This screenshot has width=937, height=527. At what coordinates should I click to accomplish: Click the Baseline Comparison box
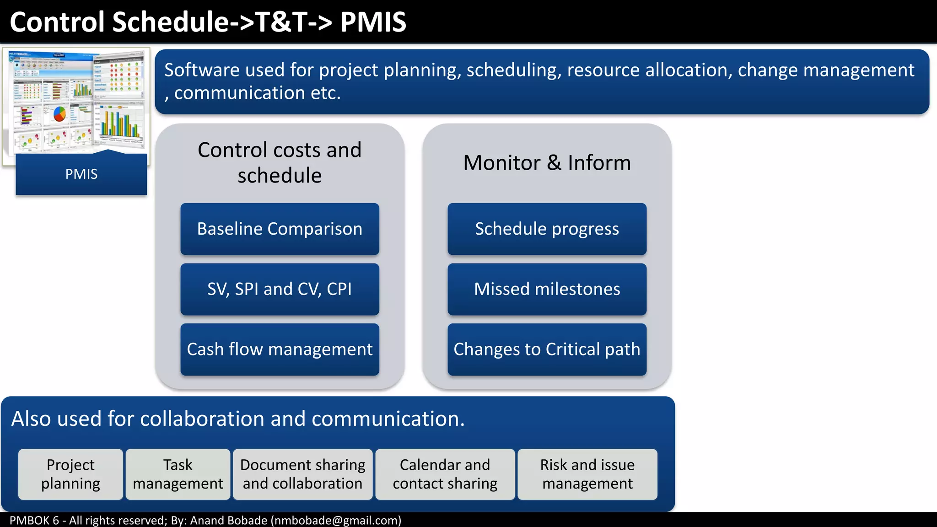(x=280, y=229)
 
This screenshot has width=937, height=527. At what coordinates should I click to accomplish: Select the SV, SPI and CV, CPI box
(x=280, y=289)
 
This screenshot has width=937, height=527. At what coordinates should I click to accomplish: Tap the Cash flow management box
(x=280, y=350)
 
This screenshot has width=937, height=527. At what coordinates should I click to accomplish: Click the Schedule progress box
(x=547, y=229)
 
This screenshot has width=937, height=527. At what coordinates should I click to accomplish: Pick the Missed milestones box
(x=547, y=289)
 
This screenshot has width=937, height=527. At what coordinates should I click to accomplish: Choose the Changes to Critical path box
(x=547, y=350)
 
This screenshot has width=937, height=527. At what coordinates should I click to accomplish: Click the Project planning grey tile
(x=70, y=474)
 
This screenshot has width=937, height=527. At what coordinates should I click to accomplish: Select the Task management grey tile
(x=178, y=474)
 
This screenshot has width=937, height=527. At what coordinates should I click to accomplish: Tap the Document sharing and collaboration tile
(x=302, y=474)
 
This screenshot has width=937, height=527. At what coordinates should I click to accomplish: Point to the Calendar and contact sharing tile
(x=445, y=474)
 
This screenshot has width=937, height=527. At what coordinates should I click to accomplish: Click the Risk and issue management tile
(x=587, y=474)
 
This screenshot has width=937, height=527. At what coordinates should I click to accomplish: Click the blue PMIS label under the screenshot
(x=81, y=174)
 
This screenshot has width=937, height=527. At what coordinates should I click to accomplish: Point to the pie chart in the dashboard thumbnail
(x=60, y=113)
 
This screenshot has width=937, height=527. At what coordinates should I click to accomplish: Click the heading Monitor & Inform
(x=547, y=163)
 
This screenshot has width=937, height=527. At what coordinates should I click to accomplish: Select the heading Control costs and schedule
(x=280, y=163)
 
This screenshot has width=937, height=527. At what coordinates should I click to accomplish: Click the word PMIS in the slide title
(x=373, y=22)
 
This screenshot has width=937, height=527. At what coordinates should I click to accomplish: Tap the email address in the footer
(x=336, y=521)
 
